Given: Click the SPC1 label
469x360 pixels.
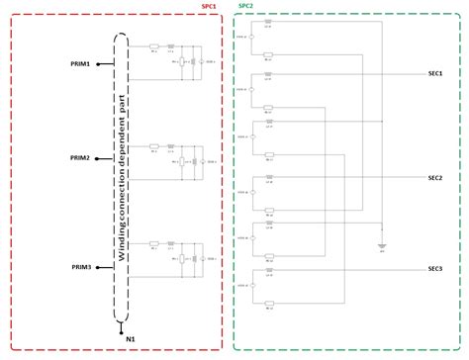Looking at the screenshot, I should point(210,5).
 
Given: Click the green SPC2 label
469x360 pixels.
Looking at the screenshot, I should point(245,5).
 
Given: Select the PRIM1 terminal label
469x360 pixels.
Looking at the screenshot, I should point(80,64).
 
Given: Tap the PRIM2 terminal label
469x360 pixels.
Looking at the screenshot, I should point(80,158).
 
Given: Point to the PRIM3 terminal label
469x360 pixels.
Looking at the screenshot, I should point(80,267).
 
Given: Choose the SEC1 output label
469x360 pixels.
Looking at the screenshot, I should point(435,73).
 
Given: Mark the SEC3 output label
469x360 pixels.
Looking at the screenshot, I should point(435,269).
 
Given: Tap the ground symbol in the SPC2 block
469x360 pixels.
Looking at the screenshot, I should point(382,245).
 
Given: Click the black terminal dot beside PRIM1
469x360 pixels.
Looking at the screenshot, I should point(97,64).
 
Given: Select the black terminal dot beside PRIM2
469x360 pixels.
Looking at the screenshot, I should point(97,158).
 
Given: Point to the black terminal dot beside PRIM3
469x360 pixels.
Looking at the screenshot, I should point(97,267).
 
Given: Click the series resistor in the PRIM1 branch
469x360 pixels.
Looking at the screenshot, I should point(154,46).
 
